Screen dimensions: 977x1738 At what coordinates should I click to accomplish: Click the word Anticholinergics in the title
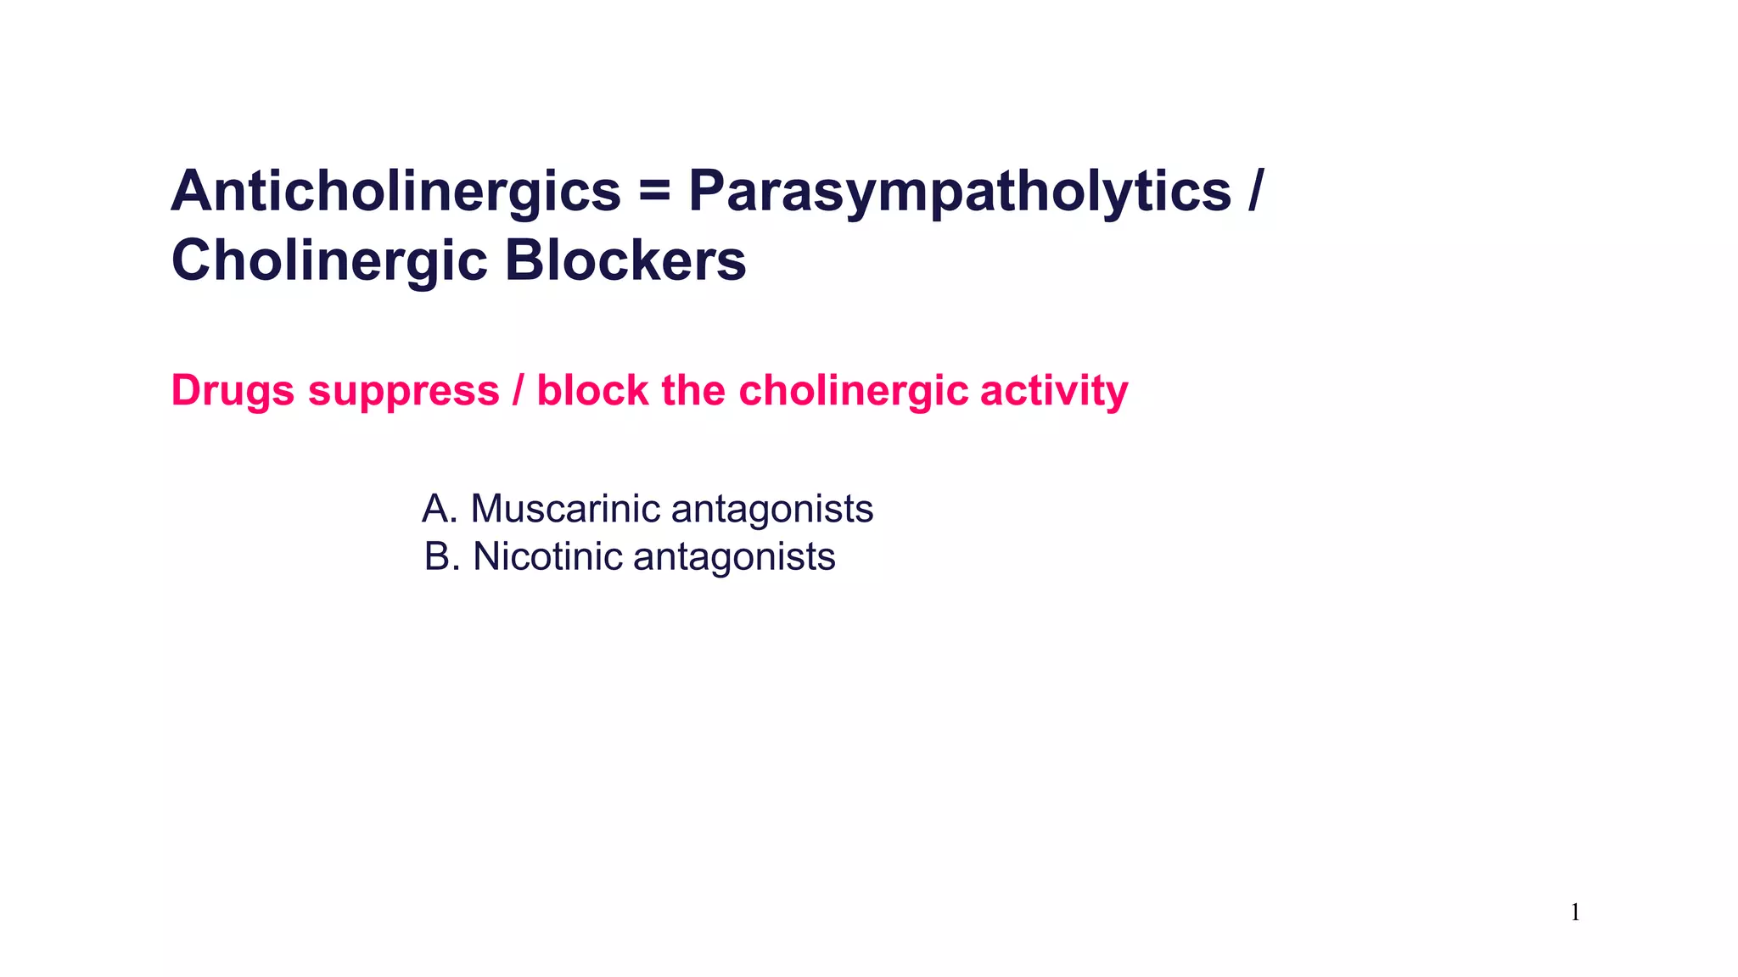pyautogui.click(x=395, y=192)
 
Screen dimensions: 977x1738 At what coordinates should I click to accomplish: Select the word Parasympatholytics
pyautogui.click(x=959, y=192)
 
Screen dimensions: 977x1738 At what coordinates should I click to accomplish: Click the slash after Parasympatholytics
pyautogui.click(x=1255, y=192)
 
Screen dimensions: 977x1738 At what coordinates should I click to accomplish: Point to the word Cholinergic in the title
pyautogui.click(x=329, y=261)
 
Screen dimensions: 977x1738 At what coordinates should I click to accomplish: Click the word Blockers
pyautogui.click(x=625, y=261)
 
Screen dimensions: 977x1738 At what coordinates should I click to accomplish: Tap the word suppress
pyautogui.click(x=403, y=392)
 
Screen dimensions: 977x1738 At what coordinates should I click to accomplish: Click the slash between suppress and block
pyautogui.click(x=518, y=392)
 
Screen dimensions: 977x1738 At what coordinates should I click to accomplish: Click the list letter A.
pyautogui.click(x=437, y=509)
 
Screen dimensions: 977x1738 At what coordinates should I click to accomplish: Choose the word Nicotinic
pyautogui.click(x=547, y=557)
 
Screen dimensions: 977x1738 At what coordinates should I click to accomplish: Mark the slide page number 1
pyautogui.click(x=1575, y=913)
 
